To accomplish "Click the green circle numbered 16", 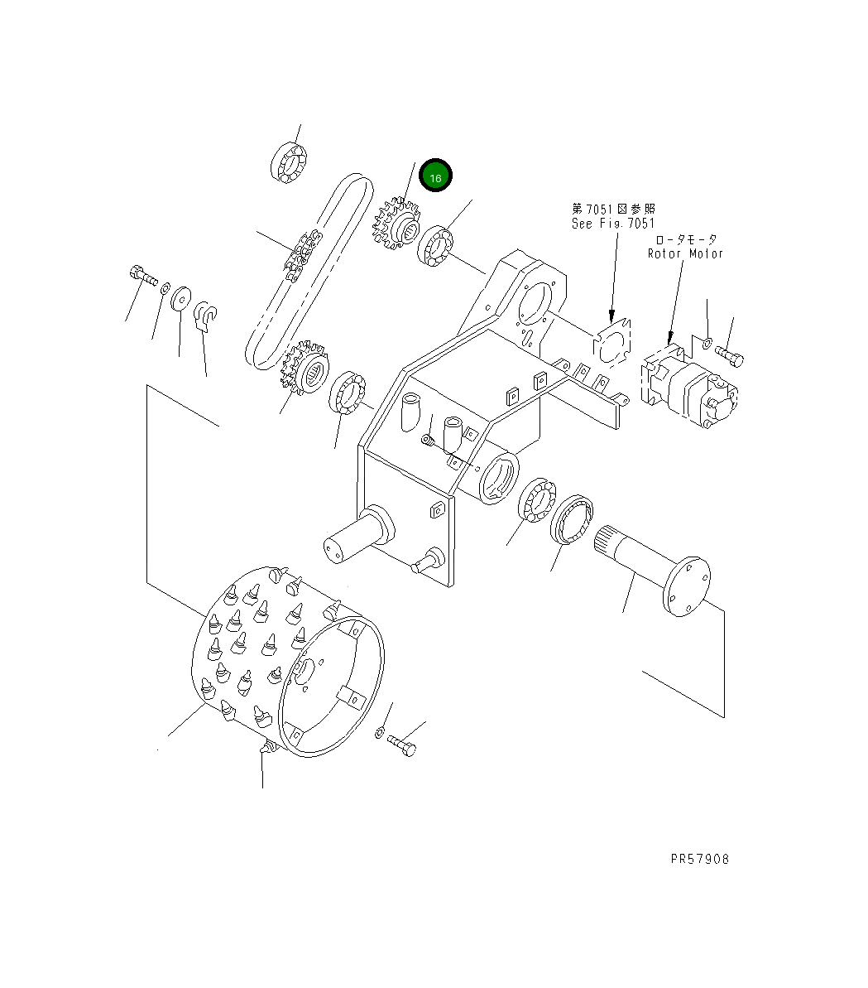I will point(435,176).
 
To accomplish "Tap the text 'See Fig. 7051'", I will point(612,224).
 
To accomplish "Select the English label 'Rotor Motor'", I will point(685,253).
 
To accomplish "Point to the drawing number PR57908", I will point(699,859).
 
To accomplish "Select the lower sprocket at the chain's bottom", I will point(305,369).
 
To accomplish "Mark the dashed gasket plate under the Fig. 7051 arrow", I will point(613,341).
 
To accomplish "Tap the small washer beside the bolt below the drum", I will point(378,732).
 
